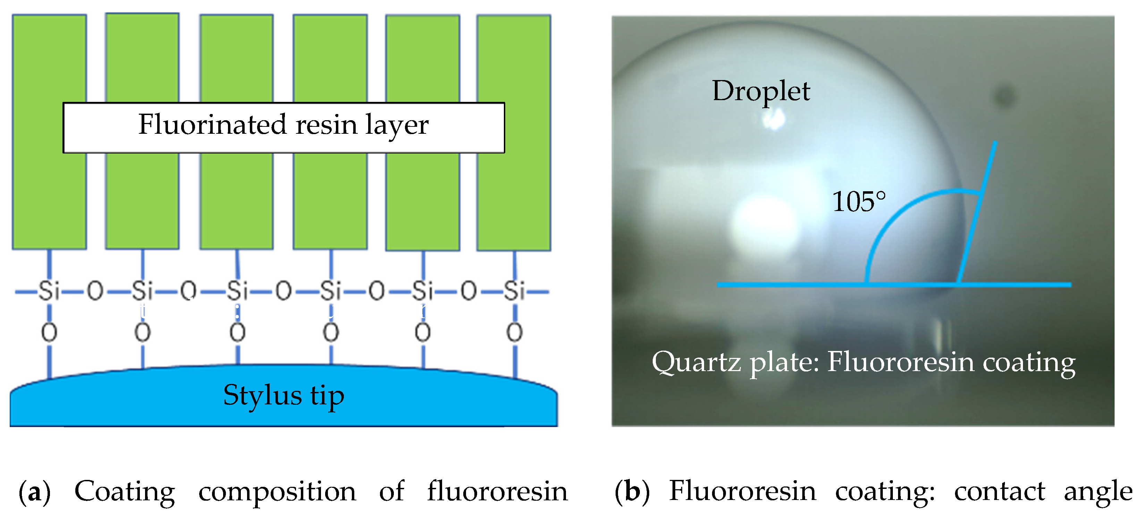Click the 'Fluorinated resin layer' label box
(284, 128)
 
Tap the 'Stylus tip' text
(284, 395)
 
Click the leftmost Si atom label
(49, 291)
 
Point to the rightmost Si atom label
(514, 291)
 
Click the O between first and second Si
(95, 291)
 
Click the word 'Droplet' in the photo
(761, 91)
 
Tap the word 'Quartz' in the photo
(696, 362)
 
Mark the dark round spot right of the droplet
(1004, 96)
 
